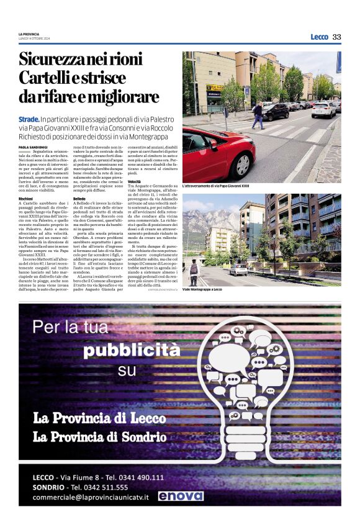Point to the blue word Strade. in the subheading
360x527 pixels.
pyautogui.click(x=27, y=118)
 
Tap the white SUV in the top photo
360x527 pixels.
pyautogui.click(x=340, y=110)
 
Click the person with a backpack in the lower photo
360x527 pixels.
pyautogui.click(x=194, y=271)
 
